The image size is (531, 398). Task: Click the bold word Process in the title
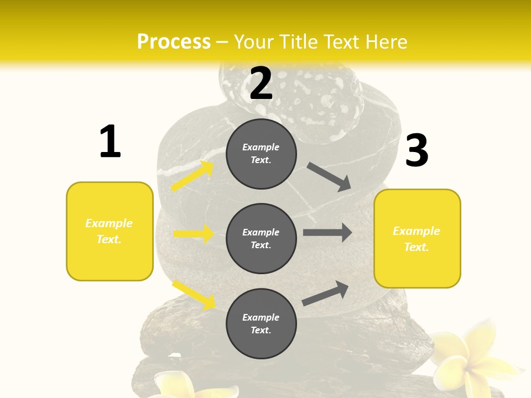point(174,42)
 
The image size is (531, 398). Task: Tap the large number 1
point(110,142)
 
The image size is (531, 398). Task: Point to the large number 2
point(261,83)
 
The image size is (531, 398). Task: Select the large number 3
point(417,151)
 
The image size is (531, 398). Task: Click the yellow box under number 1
point(110,231)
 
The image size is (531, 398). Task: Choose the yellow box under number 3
point(417,238)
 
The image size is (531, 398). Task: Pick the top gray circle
point(261,154)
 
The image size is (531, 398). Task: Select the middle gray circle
point(261,238)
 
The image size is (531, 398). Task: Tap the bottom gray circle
point(261,323)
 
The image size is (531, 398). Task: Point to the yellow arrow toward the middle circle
point(194,234)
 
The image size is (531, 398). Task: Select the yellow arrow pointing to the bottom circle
point(194,295)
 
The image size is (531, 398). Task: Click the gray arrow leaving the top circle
point(329,176)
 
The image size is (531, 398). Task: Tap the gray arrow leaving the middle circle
point(327,233)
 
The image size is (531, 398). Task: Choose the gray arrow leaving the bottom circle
point(326,294)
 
